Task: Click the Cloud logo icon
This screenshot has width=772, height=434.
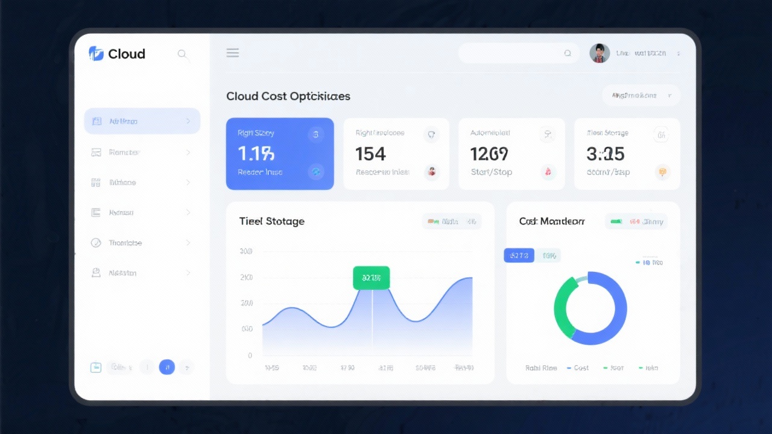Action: click(x=96, y=54)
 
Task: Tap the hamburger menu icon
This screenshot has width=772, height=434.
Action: click(x=233, y=53)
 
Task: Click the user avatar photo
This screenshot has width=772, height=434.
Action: click(x=600, y=53)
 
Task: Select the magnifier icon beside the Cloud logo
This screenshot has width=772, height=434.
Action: click(x=182, y=54)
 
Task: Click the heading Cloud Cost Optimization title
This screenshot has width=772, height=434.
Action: click(x=288, y=96)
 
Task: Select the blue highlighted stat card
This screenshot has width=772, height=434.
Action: click(x=280, y=154)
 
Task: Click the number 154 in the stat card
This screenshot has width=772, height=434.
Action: click(x=370, y=154)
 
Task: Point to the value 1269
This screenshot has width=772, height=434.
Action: click(x=489, y=154)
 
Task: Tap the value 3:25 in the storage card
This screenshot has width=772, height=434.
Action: click(x=605, y=154)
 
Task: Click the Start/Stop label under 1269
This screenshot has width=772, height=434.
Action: click(x=492, y=172)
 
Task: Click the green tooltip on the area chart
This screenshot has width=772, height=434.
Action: click(x=372, y=278)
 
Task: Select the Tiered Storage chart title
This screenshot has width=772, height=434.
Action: click(x=272, y=221)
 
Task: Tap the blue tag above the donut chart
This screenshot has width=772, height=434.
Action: click(x=519, y=256)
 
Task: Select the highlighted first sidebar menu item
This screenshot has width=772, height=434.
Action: click(x=142, y=121)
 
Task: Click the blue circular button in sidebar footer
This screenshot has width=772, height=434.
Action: click(x=167, y=367)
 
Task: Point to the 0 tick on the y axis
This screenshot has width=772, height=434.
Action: click(x=250, y=356)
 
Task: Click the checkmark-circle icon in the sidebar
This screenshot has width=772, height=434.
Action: click(x=96, y=243)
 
